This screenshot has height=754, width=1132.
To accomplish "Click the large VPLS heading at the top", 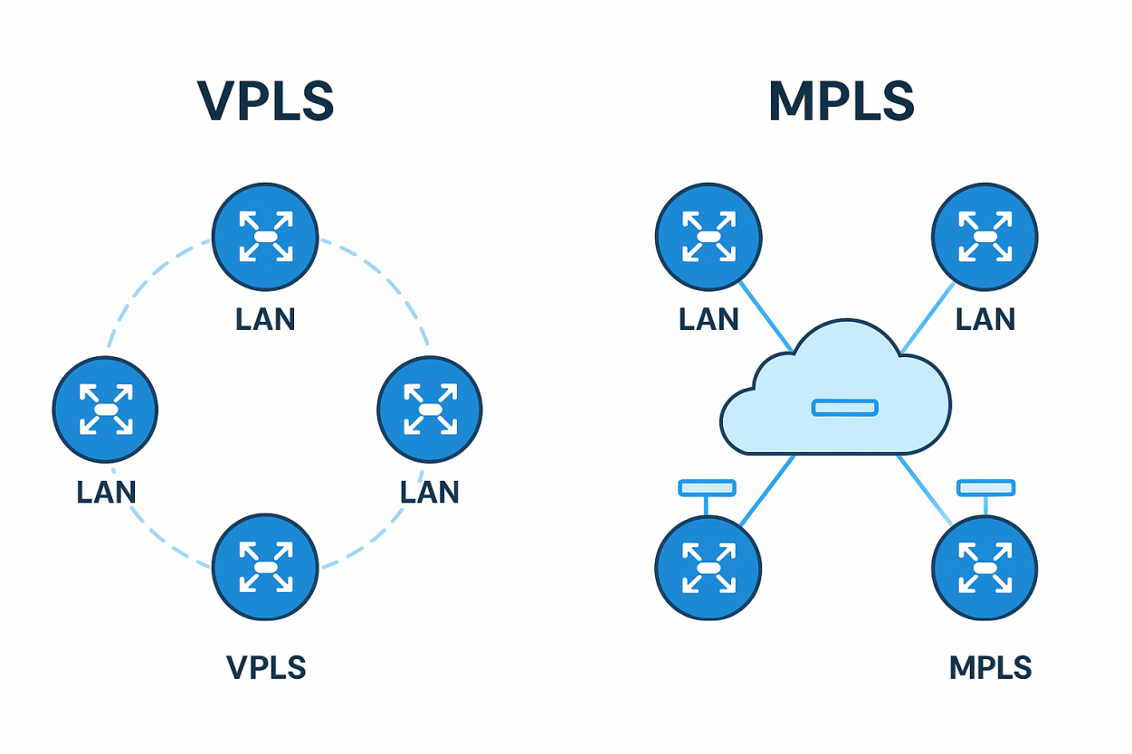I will point(265,101).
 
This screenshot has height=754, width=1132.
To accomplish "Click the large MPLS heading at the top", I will point(841,101).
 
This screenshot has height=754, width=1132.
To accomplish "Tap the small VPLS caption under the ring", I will point(266,668).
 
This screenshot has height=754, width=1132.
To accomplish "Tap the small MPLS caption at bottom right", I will point(990,668).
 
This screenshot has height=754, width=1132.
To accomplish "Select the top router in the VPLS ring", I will point(265,236).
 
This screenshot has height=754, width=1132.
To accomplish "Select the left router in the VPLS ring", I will point(105,409).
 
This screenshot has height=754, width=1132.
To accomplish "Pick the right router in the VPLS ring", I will point(429,409).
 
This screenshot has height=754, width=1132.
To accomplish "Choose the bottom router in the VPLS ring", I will point(265,566).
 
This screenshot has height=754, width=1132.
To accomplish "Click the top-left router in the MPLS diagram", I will point(709,237).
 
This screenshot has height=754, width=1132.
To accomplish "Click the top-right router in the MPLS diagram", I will point(985,237).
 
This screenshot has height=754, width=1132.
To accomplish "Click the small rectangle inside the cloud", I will point(844,408).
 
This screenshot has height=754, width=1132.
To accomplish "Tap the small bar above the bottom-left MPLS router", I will point(707,488).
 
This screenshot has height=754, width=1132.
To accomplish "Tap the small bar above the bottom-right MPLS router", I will point(985,488).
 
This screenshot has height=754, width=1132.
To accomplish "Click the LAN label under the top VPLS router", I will point(265,320).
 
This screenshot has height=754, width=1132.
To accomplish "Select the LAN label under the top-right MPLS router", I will point(985,319).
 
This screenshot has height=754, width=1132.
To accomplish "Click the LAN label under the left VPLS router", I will point(106,492).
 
